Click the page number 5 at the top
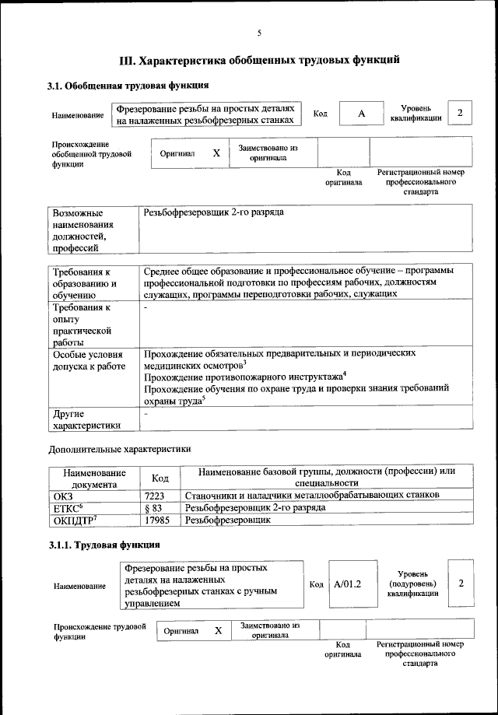(259, 32)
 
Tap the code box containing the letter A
(362, 114)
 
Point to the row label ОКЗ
(62, 495)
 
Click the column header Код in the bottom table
(160, 478)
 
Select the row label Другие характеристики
(86, 419)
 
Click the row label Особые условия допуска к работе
(89, 359)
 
